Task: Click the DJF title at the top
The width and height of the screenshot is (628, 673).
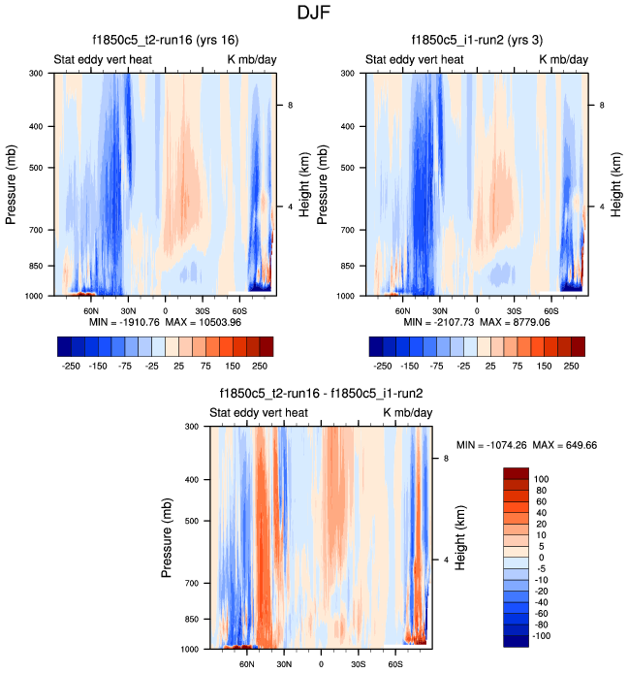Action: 314,15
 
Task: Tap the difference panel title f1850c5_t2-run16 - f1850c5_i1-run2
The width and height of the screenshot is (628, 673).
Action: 321,394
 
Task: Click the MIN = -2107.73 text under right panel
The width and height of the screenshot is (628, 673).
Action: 435,321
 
